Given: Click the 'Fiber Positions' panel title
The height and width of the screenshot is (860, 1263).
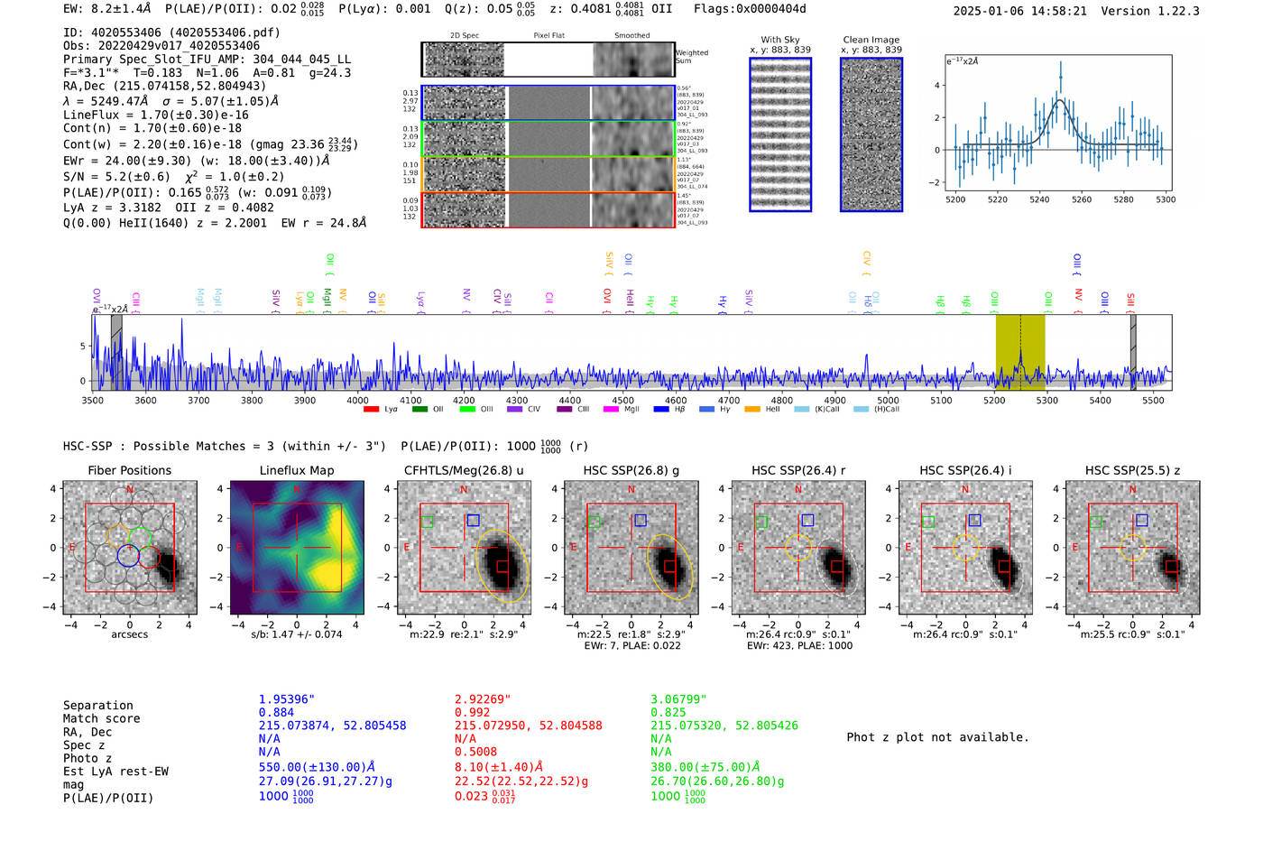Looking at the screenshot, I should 129,470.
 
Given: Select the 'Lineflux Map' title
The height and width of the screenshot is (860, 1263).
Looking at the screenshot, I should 296,470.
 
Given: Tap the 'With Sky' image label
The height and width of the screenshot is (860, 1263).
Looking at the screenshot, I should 779,40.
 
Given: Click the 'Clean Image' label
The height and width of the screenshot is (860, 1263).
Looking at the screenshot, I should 871,40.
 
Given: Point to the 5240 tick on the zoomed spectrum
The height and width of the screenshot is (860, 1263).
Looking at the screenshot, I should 1039,199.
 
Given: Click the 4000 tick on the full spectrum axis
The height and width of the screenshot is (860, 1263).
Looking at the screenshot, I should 357,401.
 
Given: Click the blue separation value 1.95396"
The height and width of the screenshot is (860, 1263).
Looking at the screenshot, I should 287,699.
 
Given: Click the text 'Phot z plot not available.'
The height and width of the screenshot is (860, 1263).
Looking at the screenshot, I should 937,737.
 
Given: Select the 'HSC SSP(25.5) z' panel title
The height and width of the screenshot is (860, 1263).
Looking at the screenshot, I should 1132,470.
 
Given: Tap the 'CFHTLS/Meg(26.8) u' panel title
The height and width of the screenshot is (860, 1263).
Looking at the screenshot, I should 464,470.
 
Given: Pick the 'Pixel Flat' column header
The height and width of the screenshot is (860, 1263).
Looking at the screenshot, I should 549,36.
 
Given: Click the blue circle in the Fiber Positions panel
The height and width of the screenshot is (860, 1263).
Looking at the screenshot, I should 128,555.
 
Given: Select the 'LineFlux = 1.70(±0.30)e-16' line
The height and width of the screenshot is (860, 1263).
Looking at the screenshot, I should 156,115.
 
